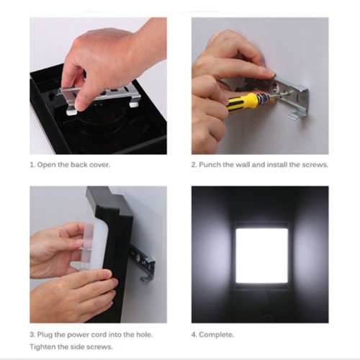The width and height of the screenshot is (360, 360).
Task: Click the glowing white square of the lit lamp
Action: click(262, 256)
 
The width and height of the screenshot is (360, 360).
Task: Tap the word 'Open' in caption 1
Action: click(47, 165)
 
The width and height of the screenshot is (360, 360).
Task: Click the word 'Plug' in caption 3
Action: click(45, 335)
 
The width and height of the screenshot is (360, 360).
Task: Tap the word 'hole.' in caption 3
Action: click(145, 334)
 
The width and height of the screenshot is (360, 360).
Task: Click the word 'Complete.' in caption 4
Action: click(217, 335)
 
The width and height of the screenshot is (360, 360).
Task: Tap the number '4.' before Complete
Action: click(194, 335)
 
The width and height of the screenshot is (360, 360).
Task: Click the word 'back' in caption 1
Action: click(78, 165)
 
